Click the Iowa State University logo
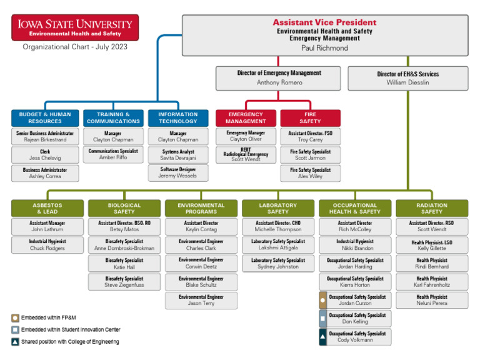pos(75,27)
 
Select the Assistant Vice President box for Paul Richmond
pos(324,34)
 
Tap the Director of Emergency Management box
pos(279,77)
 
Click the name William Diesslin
pos(407,82)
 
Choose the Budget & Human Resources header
pos(45,117)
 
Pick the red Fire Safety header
pos(310,117)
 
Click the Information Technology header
pos(178,117)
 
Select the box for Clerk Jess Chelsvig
pos(45,155)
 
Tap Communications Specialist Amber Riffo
pos(113,154)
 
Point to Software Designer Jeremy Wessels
pos(178,172)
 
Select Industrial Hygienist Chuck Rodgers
pos(47,245)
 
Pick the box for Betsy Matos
pos(124,226)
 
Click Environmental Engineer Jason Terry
pos(201,300)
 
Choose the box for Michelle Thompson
pos(278,226)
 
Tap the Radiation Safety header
pos(432,208)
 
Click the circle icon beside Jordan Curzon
pos(322,300)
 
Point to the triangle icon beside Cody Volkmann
pos(322,337)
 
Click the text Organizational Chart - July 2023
pos(75,47)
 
